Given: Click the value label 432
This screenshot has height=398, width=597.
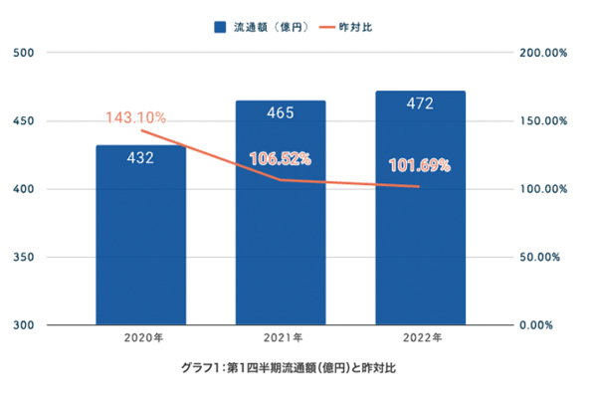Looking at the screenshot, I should click(140, 157).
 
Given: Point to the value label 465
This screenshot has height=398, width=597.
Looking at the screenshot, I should click(281, 112).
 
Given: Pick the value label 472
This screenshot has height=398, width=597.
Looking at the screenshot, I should click(420, 102).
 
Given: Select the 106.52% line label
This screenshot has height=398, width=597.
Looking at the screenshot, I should click(281, 158).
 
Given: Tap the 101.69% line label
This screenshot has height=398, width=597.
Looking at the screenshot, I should click(419, 165).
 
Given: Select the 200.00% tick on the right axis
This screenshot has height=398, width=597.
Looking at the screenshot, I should click(542, 53).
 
